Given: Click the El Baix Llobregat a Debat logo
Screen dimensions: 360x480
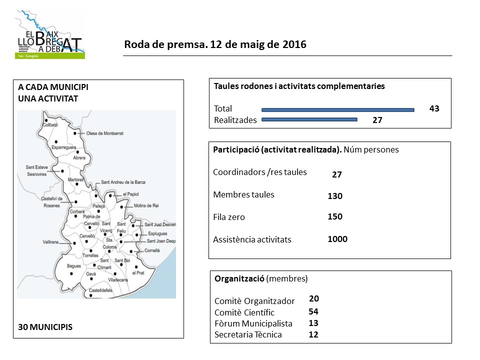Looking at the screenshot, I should coord(49,34).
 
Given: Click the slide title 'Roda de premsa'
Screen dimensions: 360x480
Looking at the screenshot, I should coord(215,44).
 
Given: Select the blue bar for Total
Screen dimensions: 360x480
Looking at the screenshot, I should coord(338,109).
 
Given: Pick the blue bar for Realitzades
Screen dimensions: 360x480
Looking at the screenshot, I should coord(309,119).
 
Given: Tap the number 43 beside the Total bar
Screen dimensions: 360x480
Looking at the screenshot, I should coord(434,108).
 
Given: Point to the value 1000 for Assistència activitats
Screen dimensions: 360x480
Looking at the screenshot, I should coord(337,239).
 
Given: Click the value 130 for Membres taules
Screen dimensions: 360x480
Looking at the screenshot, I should coord(335,196).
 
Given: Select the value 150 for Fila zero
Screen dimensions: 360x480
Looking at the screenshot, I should coord(335,217).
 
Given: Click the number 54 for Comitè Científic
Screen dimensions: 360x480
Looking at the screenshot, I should coord(313,311).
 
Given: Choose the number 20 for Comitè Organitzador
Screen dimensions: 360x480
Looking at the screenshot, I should coord(314,298).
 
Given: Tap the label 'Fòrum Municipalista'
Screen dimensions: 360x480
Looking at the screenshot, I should coord(253,323).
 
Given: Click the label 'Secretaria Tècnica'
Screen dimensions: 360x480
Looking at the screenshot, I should coord(248,334).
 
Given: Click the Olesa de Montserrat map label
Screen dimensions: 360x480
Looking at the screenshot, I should coord(105,133).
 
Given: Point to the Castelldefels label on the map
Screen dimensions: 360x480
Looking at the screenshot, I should coord(102,290).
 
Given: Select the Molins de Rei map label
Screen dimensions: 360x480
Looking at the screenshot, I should coord(146,205).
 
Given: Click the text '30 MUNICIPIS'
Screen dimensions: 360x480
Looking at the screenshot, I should coord(45,327).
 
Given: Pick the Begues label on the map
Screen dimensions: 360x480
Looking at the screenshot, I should coord(73,266).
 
